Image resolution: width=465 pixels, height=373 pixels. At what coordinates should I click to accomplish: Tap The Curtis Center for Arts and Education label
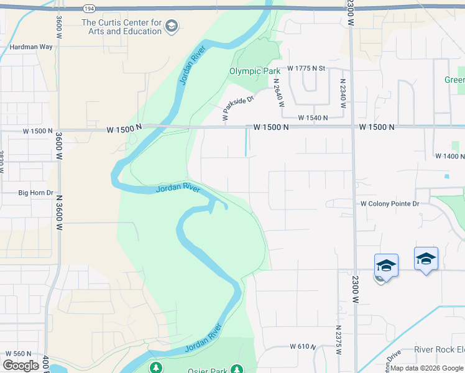[121, 27]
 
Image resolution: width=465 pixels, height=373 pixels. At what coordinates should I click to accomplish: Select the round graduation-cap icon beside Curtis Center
[172, 26]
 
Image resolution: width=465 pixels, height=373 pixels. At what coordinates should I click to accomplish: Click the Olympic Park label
[255, 71]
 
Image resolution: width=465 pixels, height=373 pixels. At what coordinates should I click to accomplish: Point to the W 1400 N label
[449, 157]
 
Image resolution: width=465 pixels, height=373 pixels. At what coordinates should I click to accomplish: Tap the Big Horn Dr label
[35, 193]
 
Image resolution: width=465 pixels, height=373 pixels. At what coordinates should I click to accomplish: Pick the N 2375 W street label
[338, 339]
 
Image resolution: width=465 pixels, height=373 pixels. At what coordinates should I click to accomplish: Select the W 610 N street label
[303, 346]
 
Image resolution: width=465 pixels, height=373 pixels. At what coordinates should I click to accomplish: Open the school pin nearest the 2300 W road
[385, 265]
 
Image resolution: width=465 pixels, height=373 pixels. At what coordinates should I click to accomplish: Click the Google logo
[21, 366]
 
